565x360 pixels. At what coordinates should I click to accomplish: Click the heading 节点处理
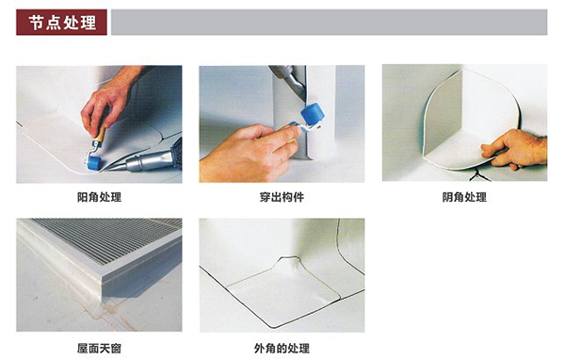click(x=63, y=23)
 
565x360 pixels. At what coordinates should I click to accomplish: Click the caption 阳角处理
click(x=99, y=197)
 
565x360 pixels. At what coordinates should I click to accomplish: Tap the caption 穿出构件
click(x=282, y=197)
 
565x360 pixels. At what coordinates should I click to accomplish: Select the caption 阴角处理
click(x=464, y=197)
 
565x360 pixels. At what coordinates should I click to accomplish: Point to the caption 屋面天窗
click(x=99, y=349)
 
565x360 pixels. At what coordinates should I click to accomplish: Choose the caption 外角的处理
click(x=282, y=349)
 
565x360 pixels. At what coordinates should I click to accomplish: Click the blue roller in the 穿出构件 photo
click(x=313, y=114)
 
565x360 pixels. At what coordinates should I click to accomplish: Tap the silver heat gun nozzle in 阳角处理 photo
click(x=148, y=162)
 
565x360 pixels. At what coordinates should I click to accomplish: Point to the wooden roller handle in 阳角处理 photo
click(x=100, y=136)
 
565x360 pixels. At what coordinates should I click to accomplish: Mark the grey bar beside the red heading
click(x=329, y=23)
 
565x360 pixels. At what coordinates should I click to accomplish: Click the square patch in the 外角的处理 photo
click(x=284, y=292)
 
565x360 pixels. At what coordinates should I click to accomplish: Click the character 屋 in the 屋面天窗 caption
click(x=83, y=349)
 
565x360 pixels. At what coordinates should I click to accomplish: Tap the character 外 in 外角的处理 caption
click(x=260, y=349)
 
